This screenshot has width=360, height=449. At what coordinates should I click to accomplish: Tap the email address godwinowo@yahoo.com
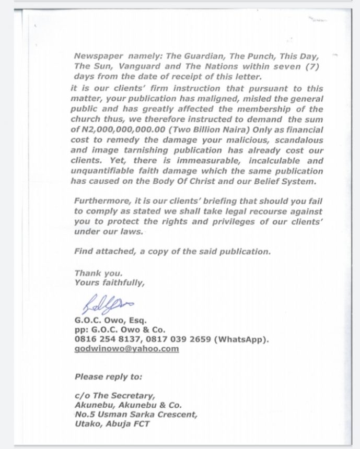[126, 349]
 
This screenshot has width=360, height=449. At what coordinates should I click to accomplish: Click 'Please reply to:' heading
[108, 376]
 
